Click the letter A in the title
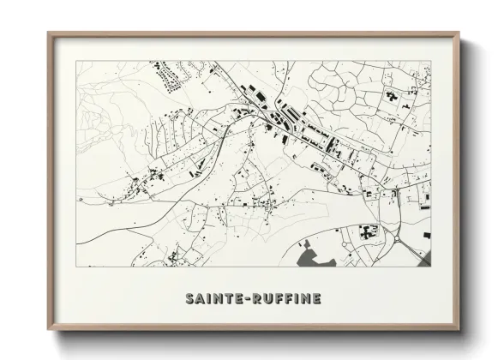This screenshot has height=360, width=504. click(x=200, y=299)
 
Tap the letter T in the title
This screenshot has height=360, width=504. click(x=225, y=299)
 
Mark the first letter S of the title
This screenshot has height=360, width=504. click(x=189, y=299)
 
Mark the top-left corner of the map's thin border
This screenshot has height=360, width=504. click(x=77, y=61)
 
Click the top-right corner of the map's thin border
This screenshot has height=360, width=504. click(x=431, y=61)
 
